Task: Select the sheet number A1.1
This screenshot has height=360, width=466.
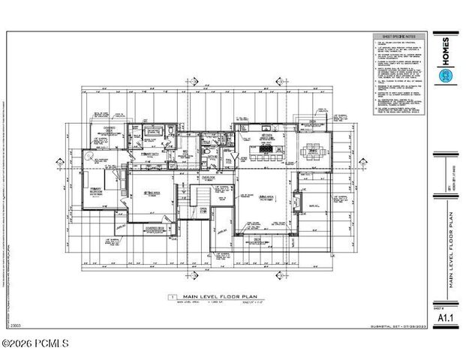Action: point(444,316)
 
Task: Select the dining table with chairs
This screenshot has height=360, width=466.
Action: point(311,152)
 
